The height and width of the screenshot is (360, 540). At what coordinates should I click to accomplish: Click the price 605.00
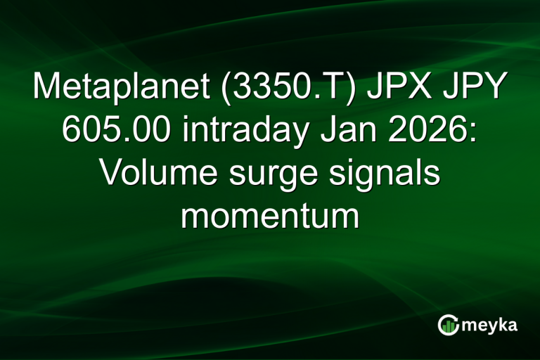pyautogui.click(x=115, y=131)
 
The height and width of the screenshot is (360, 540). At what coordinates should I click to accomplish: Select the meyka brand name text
pyautogui.click(x=489, y=326)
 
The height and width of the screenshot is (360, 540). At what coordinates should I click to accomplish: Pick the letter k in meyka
pyautogui.click(x=501, y=324)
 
